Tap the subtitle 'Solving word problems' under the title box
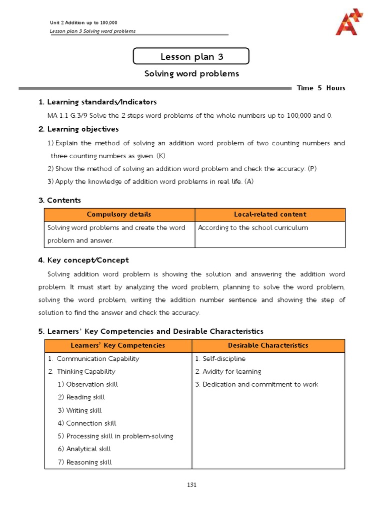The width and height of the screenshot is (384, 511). pos(191,74)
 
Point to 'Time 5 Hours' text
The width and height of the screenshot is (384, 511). pos(320,88)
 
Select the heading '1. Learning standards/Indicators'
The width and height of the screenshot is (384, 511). pos(97,102)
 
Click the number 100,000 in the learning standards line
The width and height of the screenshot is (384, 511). pos(299,115)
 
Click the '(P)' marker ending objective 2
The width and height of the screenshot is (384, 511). pos(312,169)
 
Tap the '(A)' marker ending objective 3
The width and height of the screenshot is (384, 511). pos(248,182)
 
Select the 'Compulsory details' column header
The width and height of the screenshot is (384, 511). pos(119,215)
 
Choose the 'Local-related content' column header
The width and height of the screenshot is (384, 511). pos(270,215)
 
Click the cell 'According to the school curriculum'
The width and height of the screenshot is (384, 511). pos(253,228)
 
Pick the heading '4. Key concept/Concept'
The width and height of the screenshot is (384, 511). pos(83,260)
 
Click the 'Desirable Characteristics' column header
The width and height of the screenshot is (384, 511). pos(268,345)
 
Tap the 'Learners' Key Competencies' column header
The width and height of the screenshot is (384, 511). pos(118,345)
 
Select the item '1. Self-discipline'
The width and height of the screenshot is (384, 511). pos(220,358)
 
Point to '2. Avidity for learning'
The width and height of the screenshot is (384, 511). pos(228,371)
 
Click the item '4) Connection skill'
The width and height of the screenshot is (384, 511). pos(87,423)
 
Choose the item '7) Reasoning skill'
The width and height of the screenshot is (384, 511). pos(84,462)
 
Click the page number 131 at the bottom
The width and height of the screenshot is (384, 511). pos(192,484)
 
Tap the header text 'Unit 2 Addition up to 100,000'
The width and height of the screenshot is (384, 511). pos(83,22)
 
